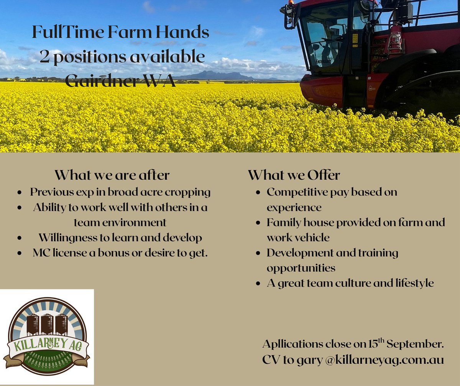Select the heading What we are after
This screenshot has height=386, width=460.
coord(112,175)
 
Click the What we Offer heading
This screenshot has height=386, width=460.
coord(294,175)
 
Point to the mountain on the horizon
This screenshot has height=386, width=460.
coord(215,75)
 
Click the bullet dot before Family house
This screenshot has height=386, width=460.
coord(259,223)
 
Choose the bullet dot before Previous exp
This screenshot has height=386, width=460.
coord(20,192)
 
